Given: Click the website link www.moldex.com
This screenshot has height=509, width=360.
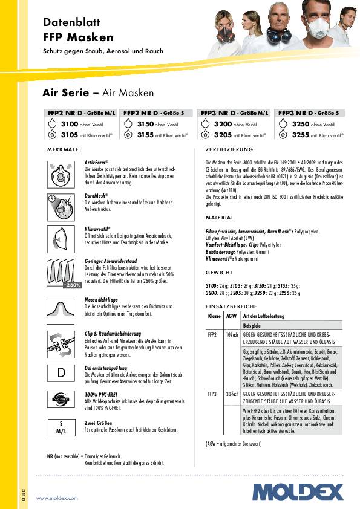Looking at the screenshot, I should click(x=57, y=498).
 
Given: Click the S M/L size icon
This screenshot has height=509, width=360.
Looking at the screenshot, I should click(x=61, y=427).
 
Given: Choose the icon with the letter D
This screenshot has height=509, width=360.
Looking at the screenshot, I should click(x=61, y=372).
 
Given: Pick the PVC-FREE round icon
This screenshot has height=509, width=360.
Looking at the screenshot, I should click(x=61, y=400).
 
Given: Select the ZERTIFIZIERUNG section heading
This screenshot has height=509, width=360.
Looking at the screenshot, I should click(x=229, y=149).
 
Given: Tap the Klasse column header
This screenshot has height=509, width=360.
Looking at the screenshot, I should click(x=214, y=316).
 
